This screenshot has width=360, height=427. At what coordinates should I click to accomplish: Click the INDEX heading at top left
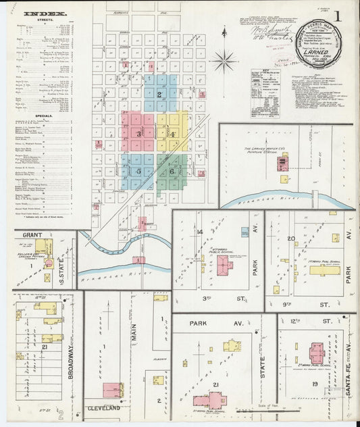(x=45, y=14)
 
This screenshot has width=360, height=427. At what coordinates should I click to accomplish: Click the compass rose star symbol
(x=223, y=61)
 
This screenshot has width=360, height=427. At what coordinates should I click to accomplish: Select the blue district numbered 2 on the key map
(x=159, y=95)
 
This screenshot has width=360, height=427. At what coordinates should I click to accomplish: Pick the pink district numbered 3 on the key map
(x=138, y=134)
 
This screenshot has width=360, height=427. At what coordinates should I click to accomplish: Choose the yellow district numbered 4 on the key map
(x=173, y=134)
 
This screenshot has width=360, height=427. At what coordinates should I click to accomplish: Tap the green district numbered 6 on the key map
(x=173, y=172)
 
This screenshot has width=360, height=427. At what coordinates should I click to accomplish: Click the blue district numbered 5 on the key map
(x=138, y=172)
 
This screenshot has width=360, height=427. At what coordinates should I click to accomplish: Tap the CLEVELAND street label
(x=103, y=408)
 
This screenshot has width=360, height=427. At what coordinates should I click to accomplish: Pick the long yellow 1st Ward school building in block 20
(x=324, y=270)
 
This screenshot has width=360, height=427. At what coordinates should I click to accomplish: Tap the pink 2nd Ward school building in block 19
(x=316, y=352)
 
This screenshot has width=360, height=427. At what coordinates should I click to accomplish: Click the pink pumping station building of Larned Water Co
(x=284, y=161)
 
